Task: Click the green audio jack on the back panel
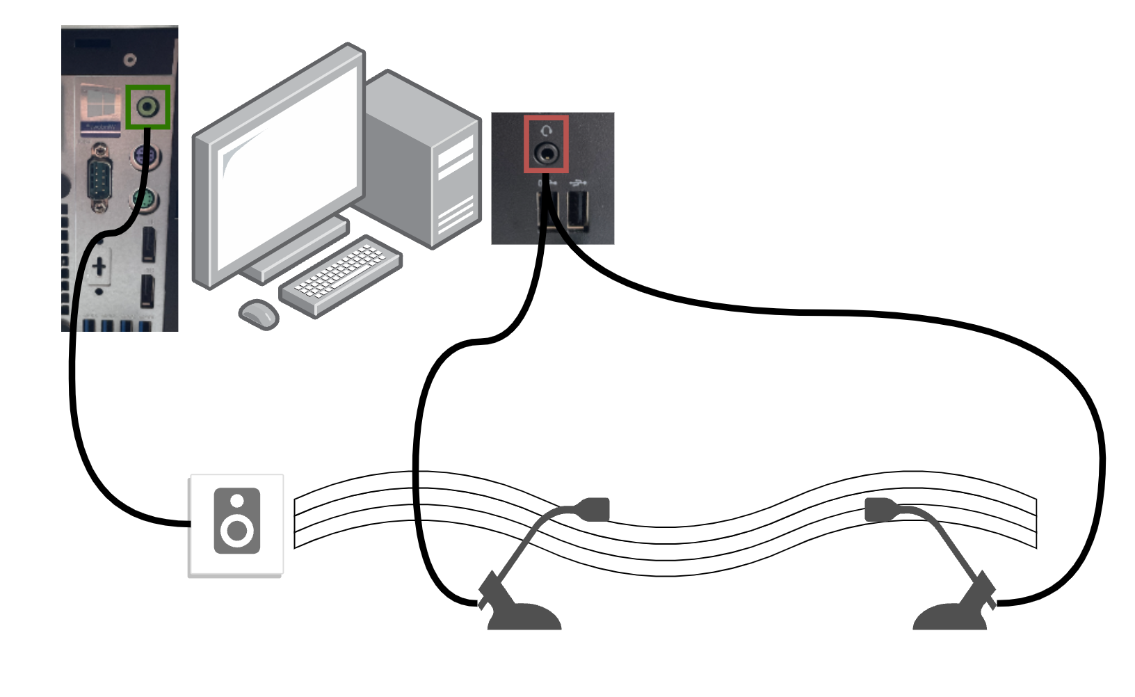click(147, 107)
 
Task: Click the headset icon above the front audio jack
click(547, 130)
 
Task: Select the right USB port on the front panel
click(577, 209)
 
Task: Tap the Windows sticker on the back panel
click(101, 108)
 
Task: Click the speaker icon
click(236, 521)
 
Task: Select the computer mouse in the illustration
click(259, 314)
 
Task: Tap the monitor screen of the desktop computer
click(289, 167)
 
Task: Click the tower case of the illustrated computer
click(424, 160)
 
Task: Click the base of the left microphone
click(524, 618)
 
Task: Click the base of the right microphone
click(950, 618)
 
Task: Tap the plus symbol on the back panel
click(99, 266)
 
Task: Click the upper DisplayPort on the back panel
click(148, 244)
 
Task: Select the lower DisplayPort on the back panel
click(147, 291)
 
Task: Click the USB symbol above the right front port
click(577, 183)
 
